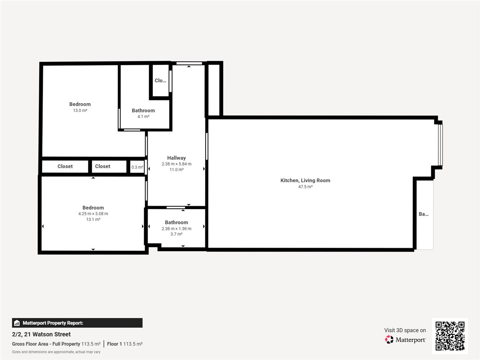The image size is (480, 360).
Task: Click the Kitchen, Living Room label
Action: coord(305,180)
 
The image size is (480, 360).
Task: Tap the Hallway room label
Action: coord(176,158)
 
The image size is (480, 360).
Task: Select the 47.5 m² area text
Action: coord(305,187)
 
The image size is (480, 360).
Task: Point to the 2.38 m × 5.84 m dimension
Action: coord(176,164)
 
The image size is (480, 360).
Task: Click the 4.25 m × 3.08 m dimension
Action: coord(93,214)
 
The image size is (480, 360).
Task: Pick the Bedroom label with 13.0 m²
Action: coord(80,104)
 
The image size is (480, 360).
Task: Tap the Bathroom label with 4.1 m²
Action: coord(143,111)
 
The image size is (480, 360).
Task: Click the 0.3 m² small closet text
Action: coord(137,167)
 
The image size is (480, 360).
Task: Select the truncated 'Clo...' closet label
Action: coord(160,81)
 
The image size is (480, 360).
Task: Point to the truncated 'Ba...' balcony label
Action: coord(424,214)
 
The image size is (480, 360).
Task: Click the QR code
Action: coord(450,336)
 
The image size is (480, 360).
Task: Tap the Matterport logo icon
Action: coord(389,340)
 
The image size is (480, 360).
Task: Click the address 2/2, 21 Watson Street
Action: coord(41,334)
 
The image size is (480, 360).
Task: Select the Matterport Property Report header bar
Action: coord(77,323)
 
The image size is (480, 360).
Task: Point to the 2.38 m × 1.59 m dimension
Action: coord(176,229)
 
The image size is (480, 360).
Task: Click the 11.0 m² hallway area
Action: coord(176,170)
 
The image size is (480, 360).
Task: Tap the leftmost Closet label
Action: coord(65,166)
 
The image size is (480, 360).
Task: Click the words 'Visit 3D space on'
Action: coord(405,330)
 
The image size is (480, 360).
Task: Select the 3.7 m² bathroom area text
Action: coord(176,234)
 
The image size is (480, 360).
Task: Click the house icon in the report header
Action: coord(17,323)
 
